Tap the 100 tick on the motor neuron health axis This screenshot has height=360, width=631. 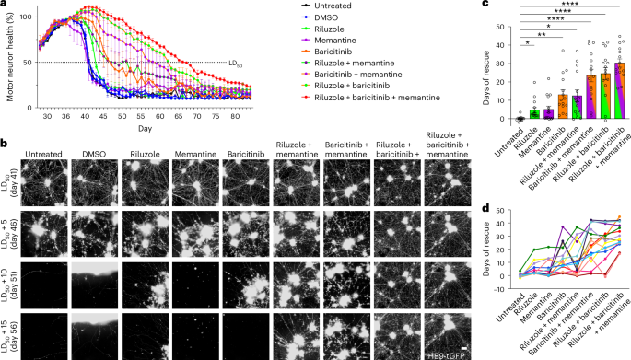coord(27,17)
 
